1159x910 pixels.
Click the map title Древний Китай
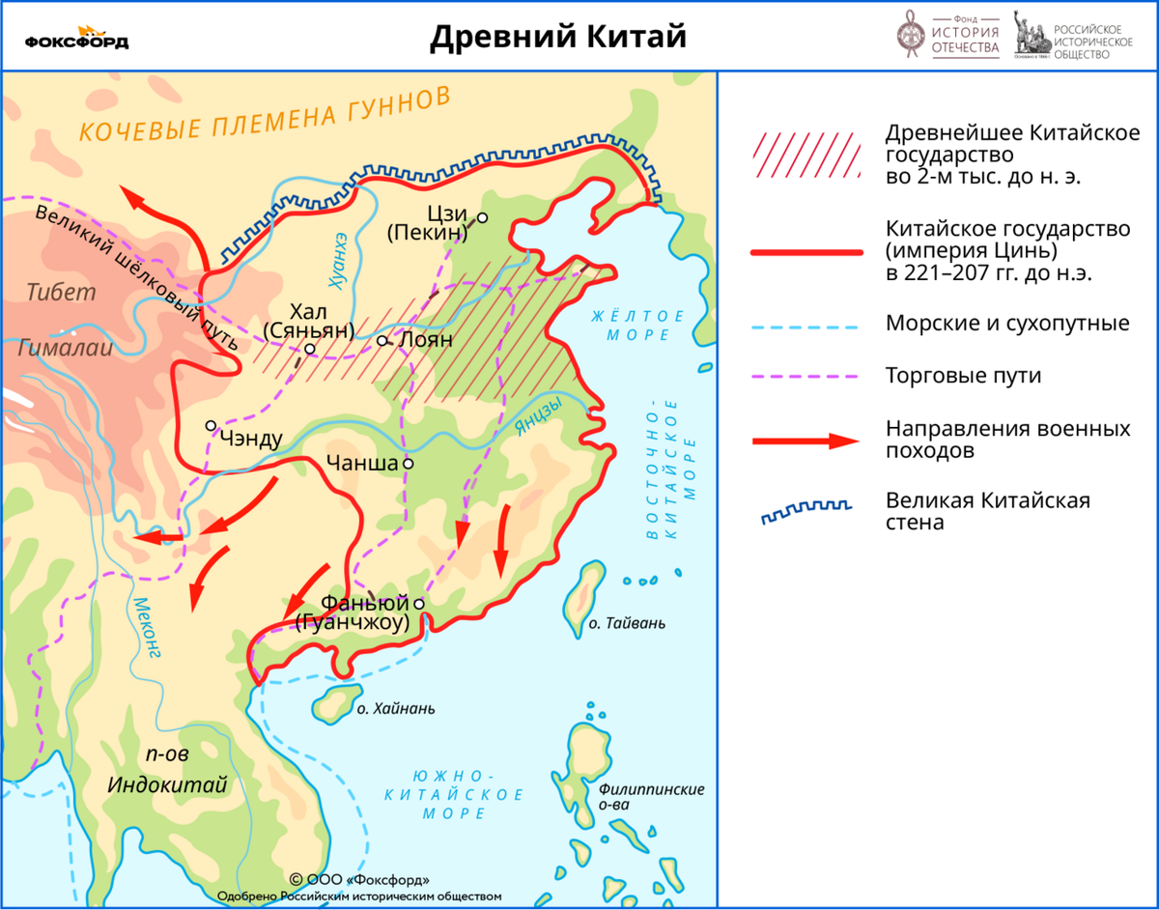point(558,37)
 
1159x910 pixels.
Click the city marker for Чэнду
point(211,425)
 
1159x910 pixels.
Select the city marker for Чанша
point(409,464)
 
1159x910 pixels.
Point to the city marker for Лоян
point(382,340)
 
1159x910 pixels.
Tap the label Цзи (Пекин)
point(427,223)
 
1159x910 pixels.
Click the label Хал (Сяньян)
point(309,321)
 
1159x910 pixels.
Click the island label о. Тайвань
point(627,623)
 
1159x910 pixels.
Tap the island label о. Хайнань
point(395,708)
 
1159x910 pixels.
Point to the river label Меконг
point(145,628)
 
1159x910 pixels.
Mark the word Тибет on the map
point(62,293)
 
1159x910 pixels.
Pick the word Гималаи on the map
point(66,349)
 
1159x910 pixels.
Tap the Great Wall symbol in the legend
point(806,512)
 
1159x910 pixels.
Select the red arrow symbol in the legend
point(806,441)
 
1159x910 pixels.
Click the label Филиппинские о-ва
point(651,796)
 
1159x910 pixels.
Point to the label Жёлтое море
point(638,325)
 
